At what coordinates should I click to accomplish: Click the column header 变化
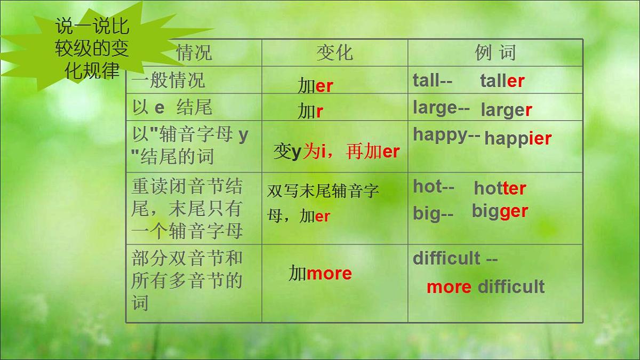[x=334, y=53]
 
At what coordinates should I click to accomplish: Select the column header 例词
[x=495, y=53]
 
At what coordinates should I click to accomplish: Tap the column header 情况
[x=194, y=53]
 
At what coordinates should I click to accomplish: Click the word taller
[x=502, y=81]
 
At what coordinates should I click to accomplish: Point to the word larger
[x=506, y=110]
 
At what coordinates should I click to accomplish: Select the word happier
[x=517, y=139]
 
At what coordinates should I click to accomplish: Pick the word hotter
[x=500, y=188]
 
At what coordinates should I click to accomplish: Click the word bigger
[x=500, y=211]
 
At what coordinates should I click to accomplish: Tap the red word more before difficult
[x=449, y=287]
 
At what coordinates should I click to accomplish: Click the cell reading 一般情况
[x=167, y=81]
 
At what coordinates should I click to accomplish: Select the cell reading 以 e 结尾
[x=172, y=108]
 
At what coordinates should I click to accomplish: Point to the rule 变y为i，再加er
[x=336, y=152]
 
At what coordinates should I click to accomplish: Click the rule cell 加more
[x=320, y=274]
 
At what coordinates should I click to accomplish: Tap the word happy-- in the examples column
[x=446, y=135]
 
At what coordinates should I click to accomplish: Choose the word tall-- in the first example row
[x=432, y=81]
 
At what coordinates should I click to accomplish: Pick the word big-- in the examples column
[x=433, y=213]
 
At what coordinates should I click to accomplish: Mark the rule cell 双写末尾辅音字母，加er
[x=323, y=203]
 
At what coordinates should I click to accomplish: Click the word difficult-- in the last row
[x=454, y=259]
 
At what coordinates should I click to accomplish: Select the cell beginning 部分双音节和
[x=187, y=281]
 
